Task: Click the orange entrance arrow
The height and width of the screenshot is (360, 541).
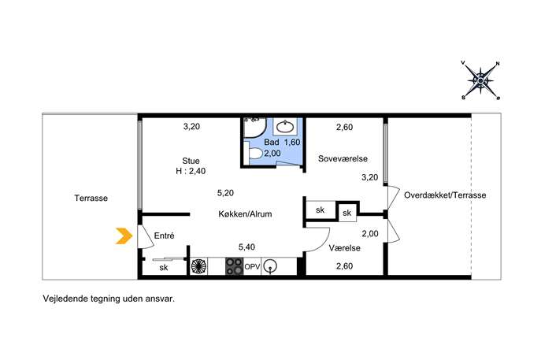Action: (x=124, y=236)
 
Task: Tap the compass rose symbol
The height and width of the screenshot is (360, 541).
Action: (x=480, y=80)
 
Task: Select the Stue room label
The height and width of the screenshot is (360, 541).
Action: (x=191, y=161)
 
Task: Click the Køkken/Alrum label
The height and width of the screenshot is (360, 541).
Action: (x=245, y=214)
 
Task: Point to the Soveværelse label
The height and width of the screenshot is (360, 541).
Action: (x=343, y=159)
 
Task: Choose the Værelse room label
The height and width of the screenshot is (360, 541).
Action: (x=344, y=248)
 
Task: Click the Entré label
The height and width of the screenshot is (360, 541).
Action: (x=165, y=236)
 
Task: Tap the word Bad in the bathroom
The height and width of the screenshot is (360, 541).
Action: (x=272, y=143)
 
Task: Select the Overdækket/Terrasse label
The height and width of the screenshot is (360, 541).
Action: (x=445, y=195)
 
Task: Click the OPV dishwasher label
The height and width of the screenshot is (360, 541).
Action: (x=252, y=266)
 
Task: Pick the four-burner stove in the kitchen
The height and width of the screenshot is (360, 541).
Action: (x=234, y=266)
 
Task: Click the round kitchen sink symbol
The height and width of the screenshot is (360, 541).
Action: (x=270, y=266)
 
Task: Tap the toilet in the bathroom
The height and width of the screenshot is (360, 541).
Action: (x=254, y=154)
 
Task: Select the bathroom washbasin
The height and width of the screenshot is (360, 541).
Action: (x=285, y=127)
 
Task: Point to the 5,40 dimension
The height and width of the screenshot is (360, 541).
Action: (x=246, y=247)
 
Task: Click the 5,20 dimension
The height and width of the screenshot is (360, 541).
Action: (x=225, y=193)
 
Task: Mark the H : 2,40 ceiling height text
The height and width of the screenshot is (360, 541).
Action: (x=191, y=171)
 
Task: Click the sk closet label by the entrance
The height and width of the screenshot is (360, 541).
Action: (x=164, y=268)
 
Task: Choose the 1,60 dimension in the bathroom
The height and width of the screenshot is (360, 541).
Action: (x=292, y=143)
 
